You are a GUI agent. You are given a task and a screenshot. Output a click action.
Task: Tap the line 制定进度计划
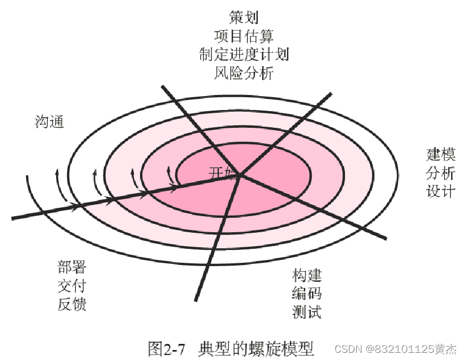[244, 54]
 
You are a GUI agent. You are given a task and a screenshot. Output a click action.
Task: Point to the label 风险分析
[244, 73]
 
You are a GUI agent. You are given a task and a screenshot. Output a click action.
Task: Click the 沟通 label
[49, 122]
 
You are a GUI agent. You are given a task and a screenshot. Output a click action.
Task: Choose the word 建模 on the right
[441, 154]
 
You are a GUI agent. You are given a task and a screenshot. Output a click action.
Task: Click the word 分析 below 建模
[441, 173]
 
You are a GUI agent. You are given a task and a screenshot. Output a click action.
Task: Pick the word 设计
[441, 191]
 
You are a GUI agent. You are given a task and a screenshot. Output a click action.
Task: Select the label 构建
[307, 275]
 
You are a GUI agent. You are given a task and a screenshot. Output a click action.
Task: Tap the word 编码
[307, 293]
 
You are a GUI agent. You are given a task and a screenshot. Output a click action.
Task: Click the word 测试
[307, 312]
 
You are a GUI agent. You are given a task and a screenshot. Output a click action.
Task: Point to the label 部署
[72, 267]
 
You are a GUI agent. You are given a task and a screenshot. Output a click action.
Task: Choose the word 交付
[72, 286]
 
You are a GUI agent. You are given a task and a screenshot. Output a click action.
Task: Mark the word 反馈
[72, 304]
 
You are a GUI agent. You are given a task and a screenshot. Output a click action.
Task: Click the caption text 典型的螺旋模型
[256, 348]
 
